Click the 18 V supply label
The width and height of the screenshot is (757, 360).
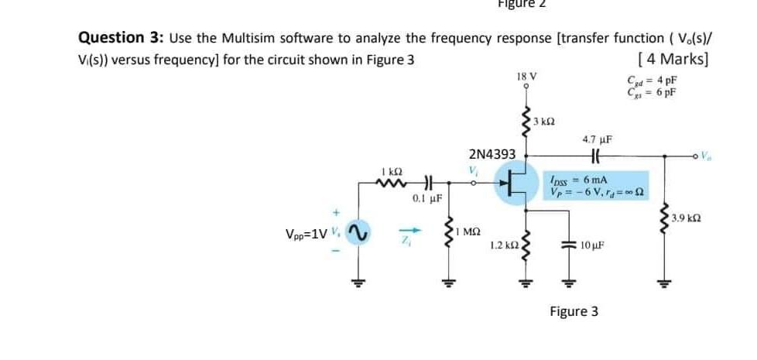526,77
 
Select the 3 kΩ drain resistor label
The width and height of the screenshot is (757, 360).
545,123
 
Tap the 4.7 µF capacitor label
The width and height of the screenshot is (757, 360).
597,140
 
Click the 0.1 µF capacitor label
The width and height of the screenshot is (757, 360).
426,199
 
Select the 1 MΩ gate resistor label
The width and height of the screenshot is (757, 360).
469,231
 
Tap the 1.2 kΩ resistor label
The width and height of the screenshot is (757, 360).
503,245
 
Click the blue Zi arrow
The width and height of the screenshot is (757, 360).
411,231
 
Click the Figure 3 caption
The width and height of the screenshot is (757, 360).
574,311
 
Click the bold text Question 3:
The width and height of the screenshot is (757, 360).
122,38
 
